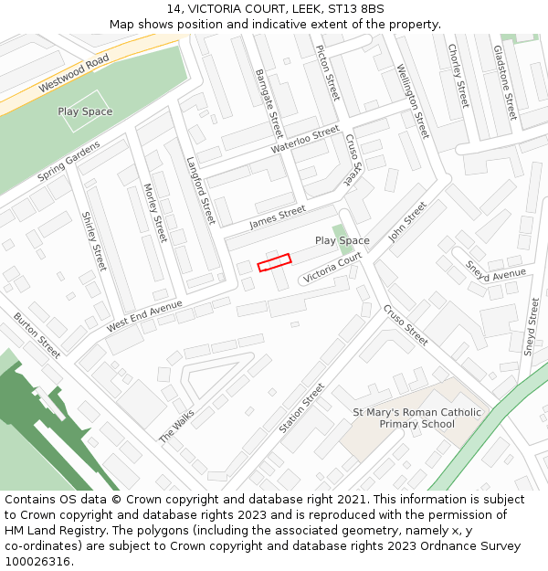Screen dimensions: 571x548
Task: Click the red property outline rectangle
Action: click(274, 262)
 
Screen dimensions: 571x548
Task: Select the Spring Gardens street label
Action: click(68, 162)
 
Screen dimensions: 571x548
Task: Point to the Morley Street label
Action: click(155, 212)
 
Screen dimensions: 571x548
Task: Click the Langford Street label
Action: click(200, 191)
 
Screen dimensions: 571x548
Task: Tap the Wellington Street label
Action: click(412, 100)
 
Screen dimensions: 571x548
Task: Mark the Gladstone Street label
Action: click(505, 82)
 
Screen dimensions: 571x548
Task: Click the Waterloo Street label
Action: click(305, 140)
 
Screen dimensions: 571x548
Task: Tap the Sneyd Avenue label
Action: click(496, 271)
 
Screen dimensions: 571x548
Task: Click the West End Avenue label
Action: click(144, 315)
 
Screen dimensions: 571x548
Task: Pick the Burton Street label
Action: click(37, 334)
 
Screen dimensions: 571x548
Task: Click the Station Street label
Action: click(301, 407)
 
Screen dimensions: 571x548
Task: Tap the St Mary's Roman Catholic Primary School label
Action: click(416, 418)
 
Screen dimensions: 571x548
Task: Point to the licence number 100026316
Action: click(38, 561)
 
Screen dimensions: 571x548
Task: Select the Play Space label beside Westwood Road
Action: click(85, 111)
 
